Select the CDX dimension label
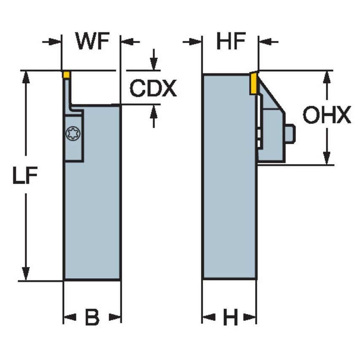(153, 89)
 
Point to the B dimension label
(92, 317)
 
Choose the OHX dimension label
(327, 116)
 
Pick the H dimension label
(230, 317)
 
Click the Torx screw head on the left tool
(73, 134)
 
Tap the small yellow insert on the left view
(66, 75)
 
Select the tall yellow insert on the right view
(253, 83)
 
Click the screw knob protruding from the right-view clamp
(290, 134)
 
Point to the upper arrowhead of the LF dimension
(26, 77)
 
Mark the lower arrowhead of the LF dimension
(26, 274)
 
